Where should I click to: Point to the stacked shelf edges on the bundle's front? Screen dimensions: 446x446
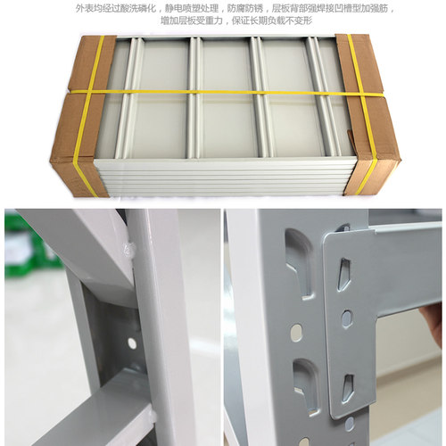[223, 183]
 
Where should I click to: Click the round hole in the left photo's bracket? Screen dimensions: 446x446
[132, 343]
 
